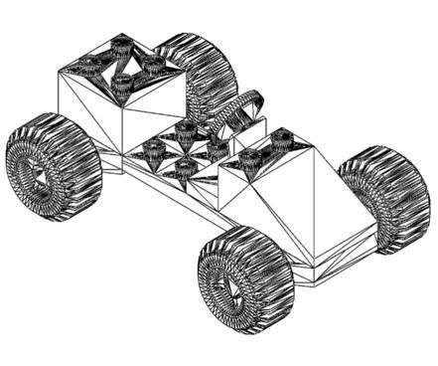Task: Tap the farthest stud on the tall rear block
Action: [x=121, y=42]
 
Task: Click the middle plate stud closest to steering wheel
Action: [x=217, y=148]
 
